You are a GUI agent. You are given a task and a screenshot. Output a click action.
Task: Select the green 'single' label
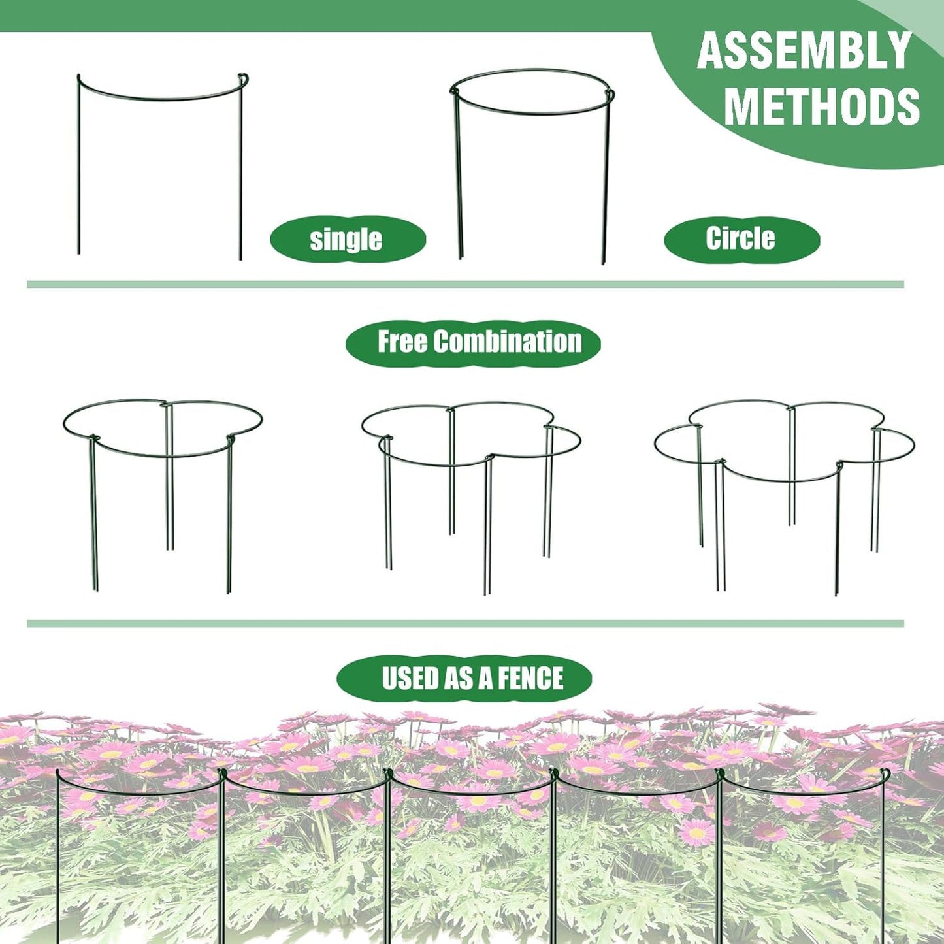click(347, 239)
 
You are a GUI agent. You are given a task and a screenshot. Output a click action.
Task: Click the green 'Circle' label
click(741, 239)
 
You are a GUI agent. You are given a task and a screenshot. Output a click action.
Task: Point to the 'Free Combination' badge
click(473, 342)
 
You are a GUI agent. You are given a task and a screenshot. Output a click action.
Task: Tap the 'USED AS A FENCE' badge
click(464, 678)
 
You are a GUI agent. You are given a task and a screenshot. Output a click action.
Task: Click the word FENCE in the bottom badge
click(530, 678)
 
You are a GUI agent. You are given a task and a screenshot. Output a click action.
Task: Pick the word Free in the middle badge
click(402, 342)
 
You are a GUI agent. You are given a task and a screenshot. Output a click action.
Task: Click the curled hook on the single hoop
click(244, 78)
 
